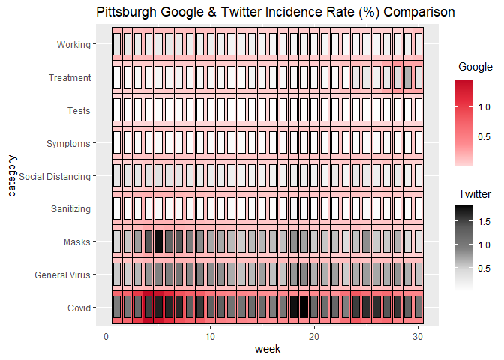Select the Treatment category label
[70, 77]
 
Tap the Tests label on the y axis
[79, 111]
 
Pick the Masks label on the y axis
[77, 242]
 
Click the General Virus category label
[63, 275]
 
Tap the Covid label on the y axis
[78, 308]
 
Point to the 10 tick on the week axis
[211, 335]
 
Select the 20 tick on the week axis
[315, 335]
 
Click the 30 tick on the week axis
[418, 335]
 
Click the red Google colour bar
[463, 122]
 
